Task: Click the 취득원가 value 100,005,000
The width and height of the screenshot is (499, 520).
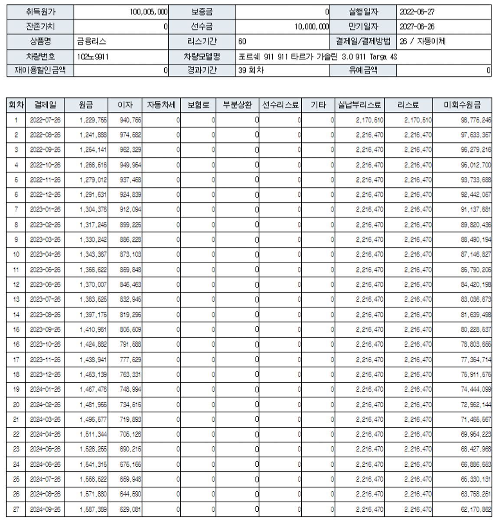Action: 149,12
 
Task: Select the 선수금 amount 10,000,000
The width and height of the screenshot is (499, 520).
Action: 311,27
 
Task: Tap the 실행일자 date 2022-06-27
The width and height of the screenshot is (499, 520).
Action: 417,12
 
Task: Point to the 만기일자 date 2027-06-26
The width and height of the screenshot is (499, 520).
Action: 417,27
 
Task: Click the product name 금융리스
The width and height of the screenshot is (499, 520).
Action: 91,42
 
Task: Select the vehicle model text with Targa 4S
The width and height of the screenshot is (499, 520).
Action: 318,56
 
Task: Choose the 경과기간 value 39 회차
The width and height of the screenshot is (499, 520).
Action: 251,70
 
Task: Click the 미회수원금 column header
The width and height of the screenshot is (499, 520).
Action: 462,105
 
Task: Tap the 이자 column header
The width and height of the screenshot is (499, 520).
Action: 125,105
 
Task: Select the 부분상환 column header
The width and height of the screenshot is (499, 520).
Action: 237,105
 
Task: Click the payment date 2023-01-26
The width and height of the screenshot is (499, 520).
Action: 45,210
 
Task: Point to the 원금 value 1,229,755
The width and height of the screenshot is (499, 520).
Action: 93,120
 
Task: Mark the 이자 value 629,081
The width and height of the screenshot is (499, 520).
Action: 130,509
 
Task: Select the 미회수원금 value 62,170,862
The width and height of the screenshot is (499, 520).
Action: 476,509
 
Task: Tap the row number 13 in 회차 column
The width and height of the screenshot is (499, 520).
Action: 16,299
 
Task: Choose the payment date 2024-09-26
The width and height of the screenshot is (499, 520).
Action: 45,509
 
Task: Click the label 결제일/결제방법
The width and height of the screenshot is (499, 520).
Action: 363,42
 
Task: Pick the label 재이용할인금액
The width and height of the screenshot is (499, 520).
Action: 40,70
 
